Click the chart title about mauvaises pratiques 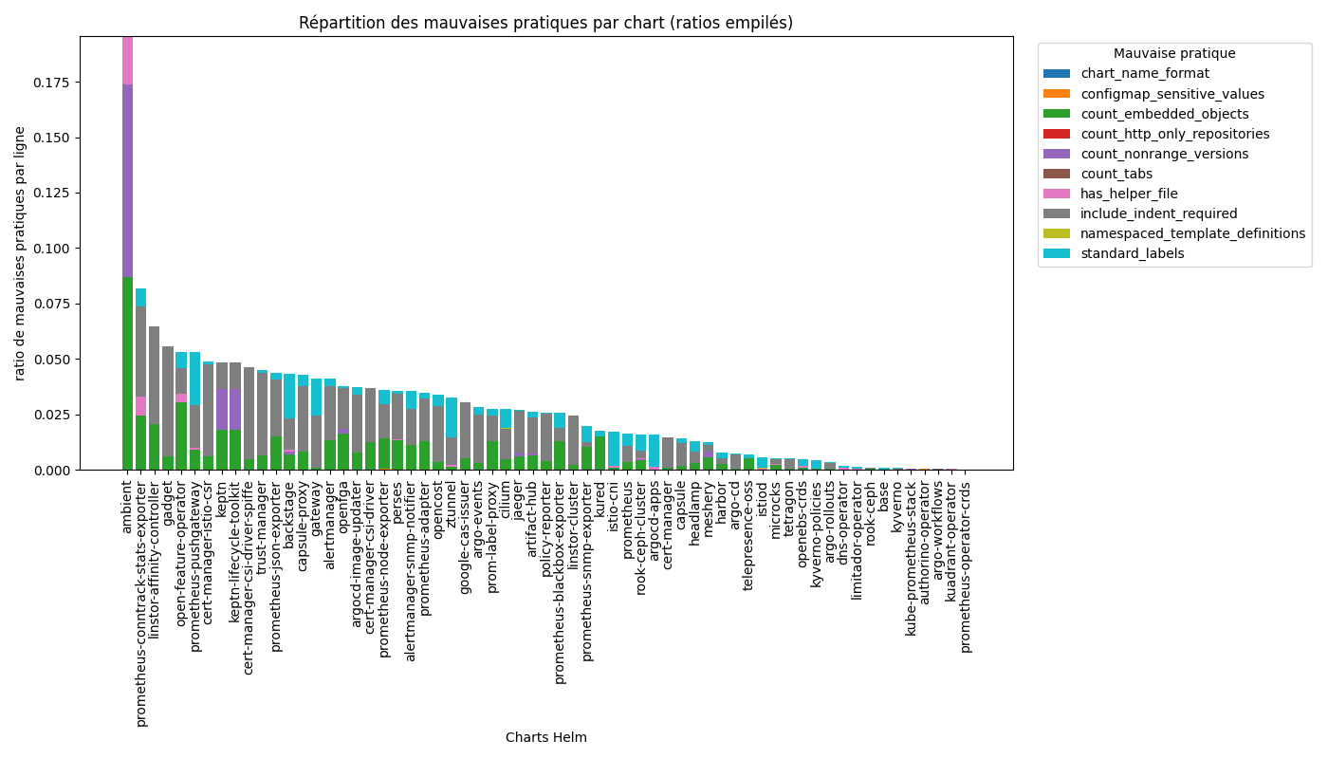545,23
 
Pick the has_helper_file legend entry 1129,194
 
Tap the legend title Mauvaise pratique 1174,54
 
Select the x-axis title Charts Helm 545,737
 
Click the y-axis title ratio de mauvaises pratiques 21,253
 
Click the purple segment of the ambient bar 127,180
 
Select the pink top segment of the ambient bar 127,61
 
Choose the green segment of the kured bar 599,454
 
